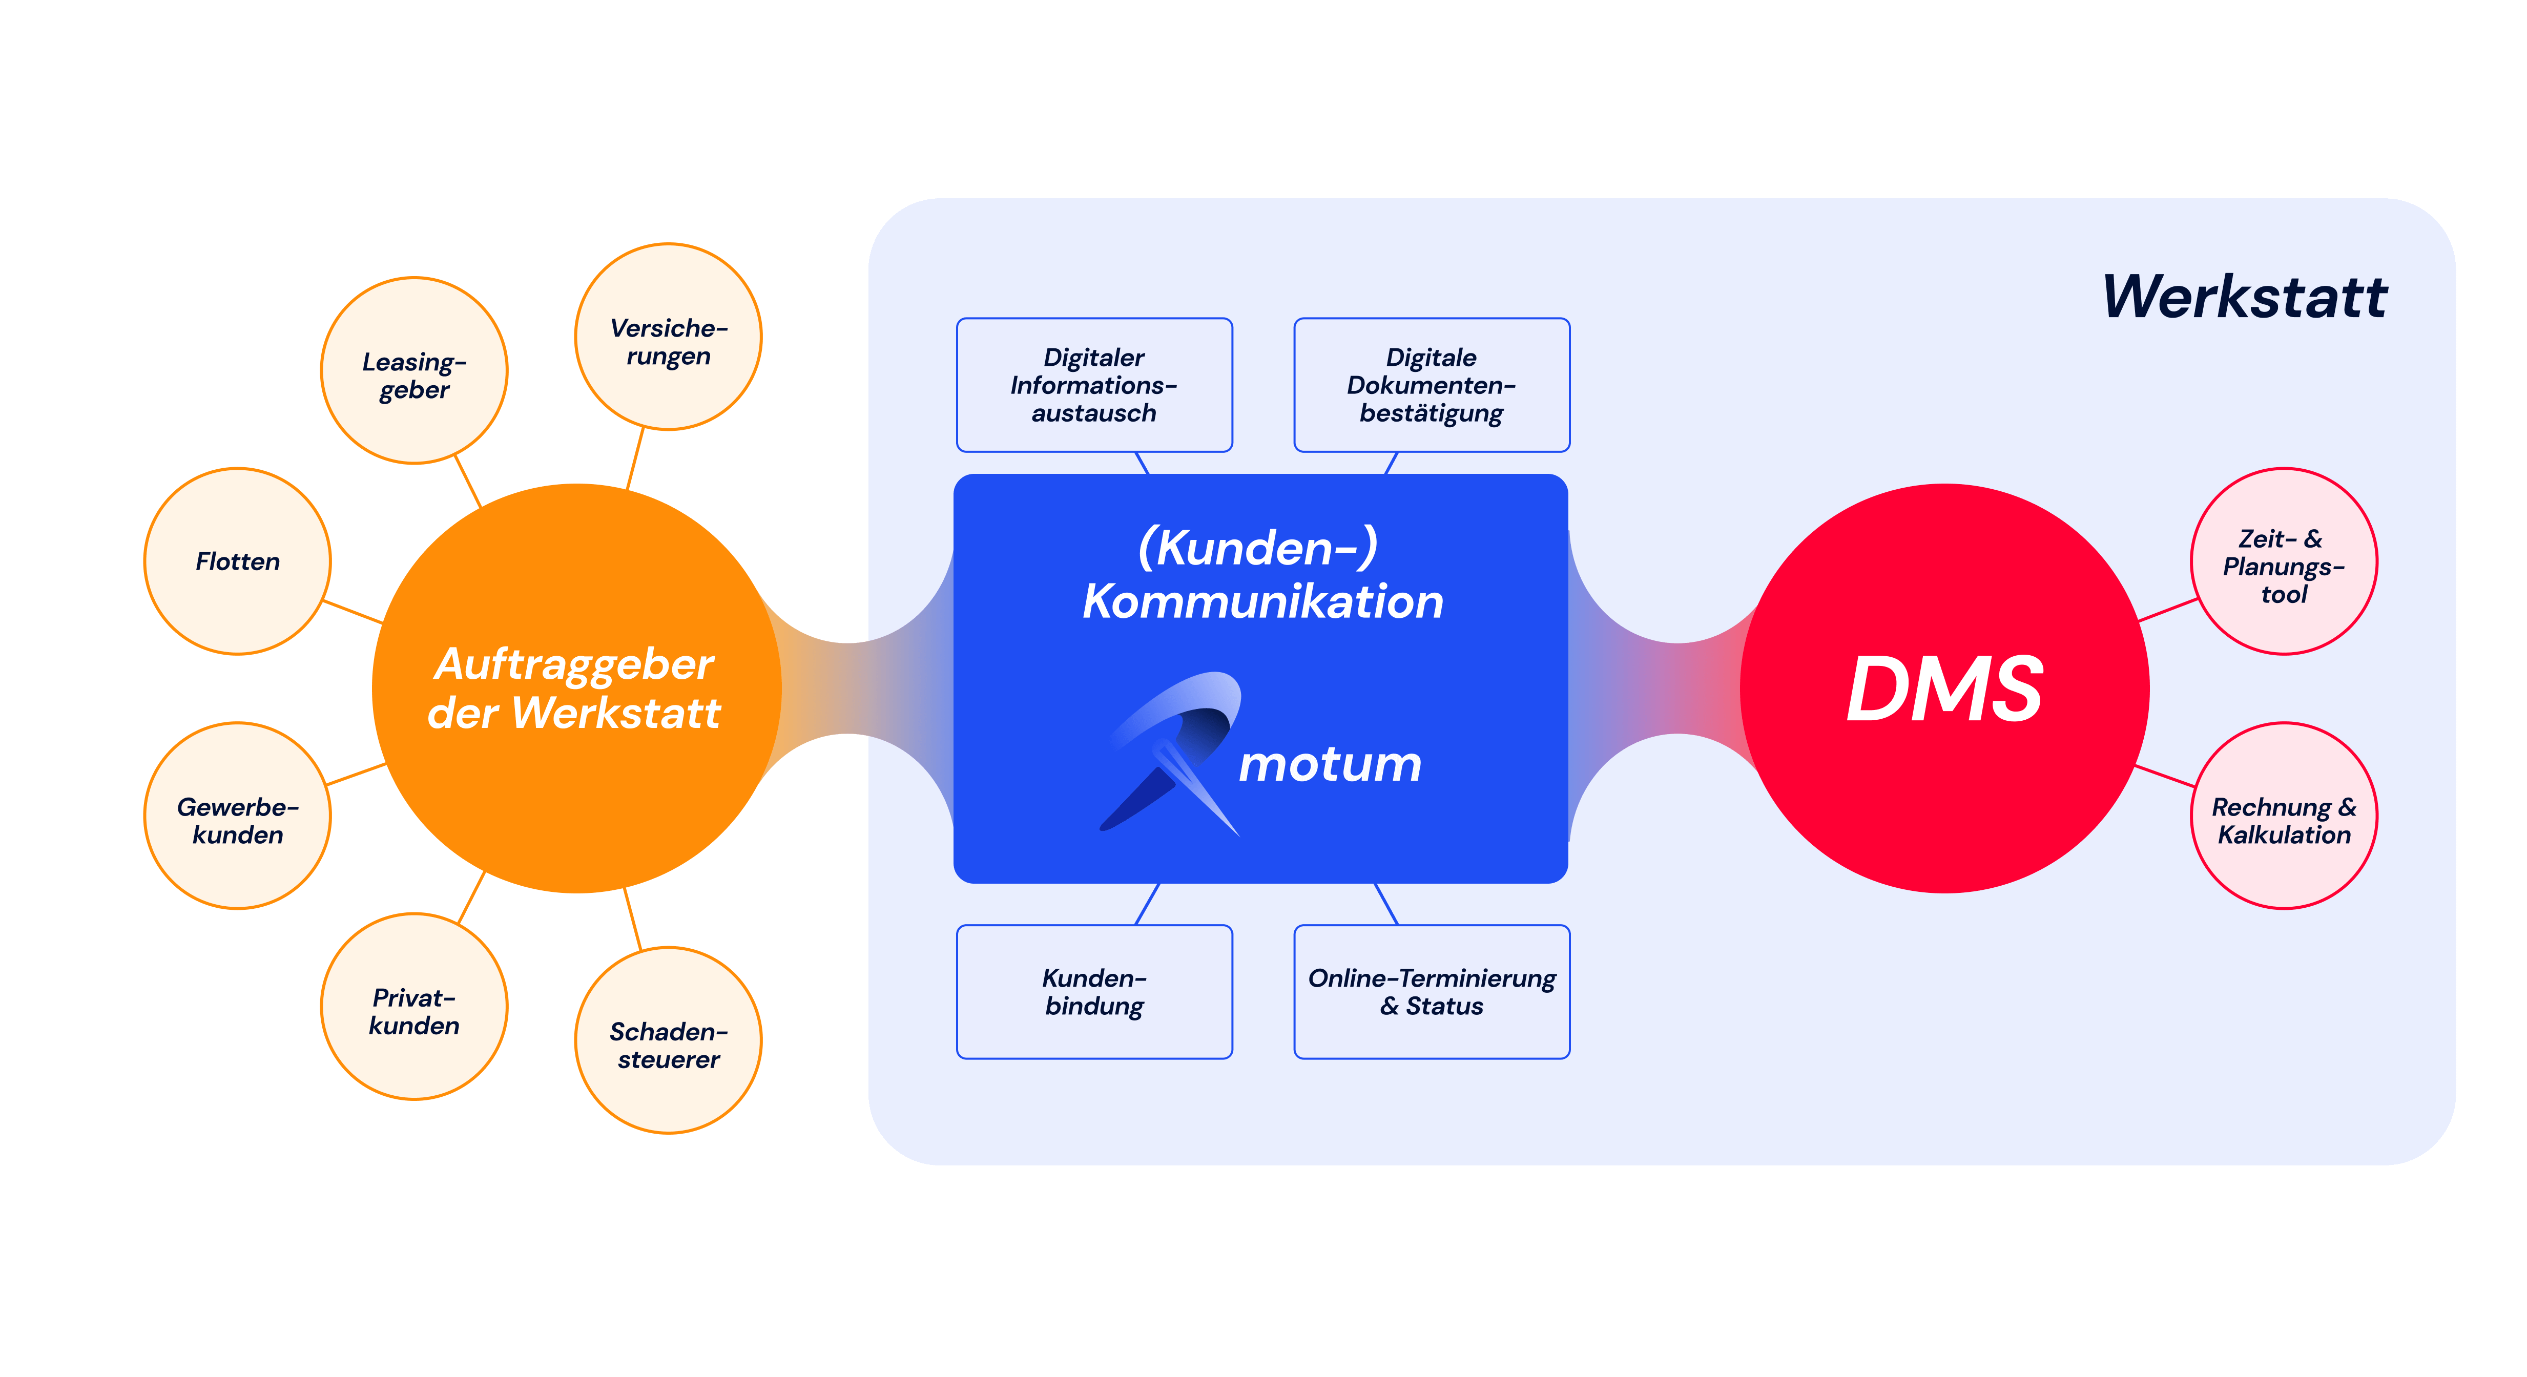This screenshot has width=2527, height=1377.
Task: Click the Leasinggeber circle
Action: click(414, 371)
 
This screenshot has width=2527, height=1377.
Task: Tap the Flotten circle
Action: click(237, 561)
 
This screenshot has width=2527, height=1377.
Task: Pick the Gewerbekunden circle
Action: click(237, 816)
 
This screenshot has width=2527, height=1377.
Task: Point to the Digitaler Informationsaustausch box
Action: click(1094, 384)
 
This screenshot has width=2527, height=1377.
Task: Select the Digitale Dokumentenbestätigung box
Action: click(1431, 384)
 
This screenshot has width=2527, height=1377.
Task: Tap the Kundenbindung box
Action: click(1094, 992)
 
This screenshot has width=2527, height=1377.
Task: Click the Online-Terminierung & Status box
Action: click(1431, 992)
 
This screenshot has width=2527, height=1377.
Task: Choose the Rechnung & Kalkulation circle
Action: click(2284, 816)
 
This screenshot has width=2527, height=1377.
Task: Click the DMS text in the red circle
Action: click(1944, 690)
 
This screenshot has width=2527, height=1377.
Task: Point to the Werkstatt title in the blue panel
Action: click(2245, 296)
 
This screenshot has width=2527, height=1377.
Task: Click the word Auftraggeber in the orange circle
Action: click(574, 664)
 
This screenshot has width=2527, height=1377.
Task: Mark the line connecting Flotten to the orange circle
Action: click(353, 612)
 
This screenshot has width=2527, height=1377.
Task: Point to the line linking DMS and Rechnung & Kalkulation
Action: click(2166, 776)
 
